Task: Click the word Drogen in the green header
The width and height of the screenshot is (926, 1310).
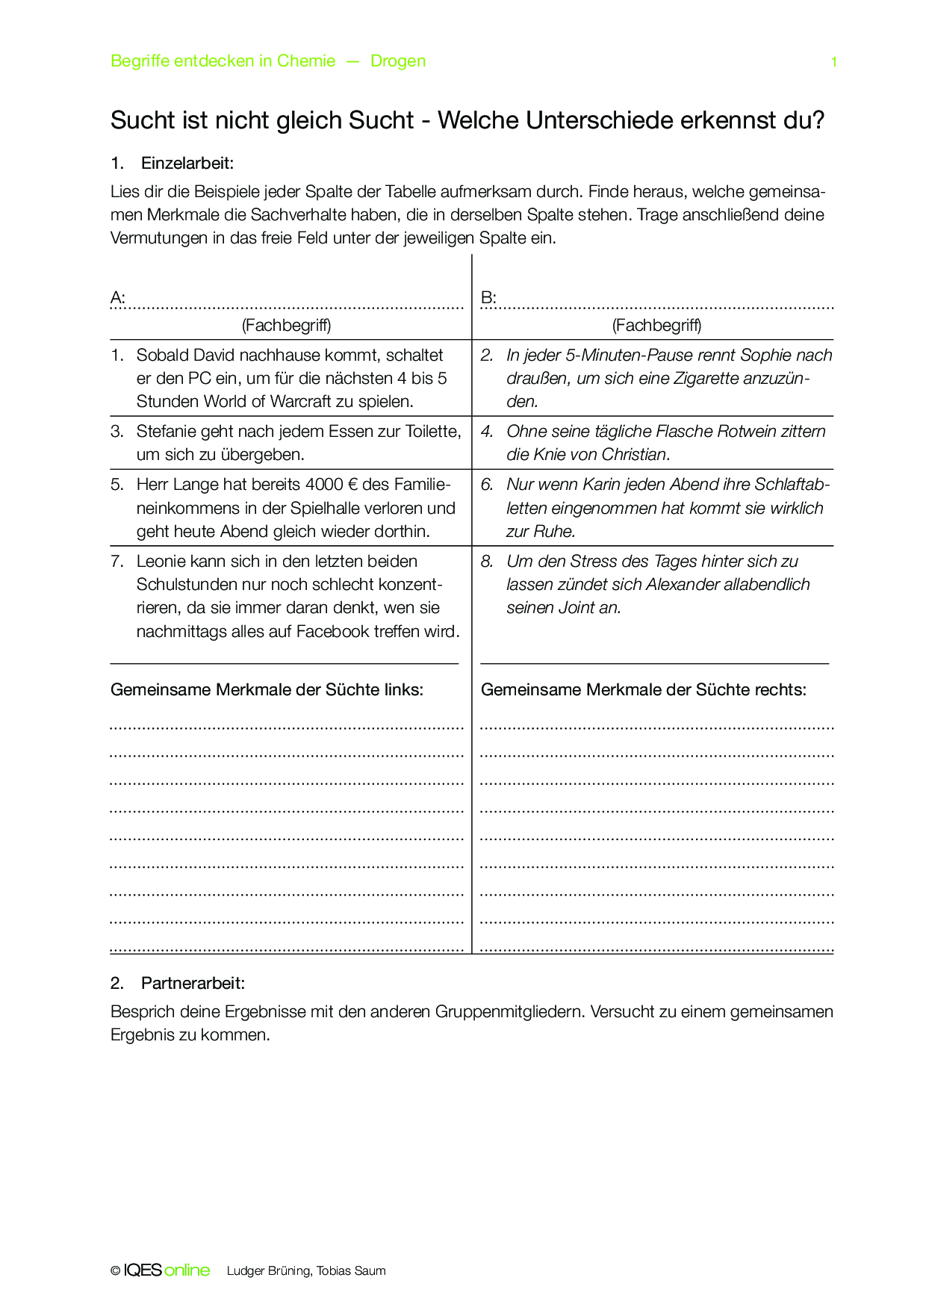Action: point(398,61)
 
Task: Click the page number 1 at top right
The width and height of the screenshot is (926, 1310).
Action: point(834,62)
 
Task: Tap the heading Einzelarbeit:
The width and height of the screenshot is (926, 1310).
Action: point(187,164)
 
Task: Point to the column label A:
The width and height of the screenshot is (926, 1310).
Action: point(118,298)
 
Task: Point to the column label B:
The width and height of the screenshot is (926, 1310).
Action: point(488,298)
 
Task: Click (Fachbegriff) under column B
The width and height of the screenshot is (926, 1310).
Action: point(656,325)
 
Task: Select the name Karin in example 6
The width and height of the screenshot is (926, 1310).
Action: point(603,485)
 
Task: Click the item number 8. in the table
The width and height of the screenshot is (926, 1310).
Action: point(488,562)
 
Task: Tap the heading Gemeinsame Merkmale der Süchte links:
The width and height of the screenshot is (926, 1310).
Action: point(267,690)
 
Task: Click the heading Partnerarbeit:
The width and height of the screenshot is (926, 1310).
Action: point(193,984)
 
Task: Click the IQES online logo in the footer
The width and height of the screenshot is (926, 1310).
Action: point(167,1270)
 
